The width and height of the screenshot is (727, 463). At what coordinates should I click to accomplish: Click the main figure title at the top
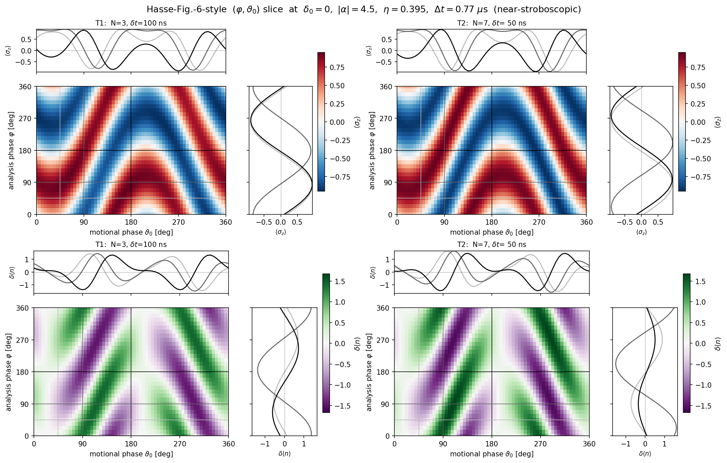(363, 9)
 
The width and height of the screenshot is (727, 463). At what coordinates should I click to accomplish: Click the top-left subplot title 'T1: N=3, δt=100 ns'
(131, 23)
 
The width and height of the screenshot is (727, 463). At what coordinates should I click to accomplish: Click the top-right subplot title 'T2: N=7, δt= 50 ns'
(492, 23)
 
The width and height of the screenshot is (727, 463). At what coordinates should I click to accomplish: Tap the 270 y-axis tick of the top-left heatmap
(26, 118)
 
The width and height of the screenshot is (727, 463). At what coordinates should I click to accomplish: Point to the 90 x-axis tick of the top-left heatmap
(84, 222)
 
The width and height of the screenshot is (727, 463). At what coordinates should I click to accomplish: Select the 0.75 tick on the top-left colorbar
(337, 67)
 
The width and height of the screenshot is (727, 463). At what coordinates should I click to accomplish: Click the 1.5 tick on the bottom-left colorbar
(340, 281)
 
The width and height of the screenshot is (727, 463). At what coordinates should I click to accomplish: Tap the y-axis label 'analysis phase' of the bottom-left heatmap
(9, 372)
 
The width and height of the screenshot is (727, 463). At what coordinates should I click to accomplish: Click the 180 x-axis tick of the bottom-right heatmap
(492, 444)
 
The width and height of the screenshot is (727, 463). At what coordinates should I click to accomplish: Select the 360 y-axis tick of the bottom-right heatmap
(383, 308)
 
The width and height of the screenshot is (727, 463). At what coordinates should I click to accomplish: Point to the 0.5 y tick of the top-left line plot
(26, 39)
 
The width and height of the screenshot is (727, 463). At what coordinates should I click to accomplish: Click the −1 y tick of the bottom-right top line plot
(387, 285)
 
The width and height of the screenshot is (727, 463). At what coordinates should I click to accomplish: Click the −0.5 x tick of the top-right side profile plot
(623, 222)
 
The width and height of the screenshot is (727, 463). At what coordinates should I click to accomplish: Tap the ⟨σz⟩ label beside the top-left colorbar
(357, 122)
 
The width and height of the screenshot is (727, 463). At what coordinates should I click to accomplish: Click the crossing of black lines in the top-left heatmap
(131, 150)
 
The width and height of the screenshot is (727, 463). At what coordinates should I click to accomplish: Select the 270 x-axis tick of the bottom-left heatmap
(180, 444)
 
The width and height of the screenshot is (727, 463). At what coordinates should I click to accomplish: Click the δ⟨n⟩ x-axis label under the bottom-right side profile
(645, 453)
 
